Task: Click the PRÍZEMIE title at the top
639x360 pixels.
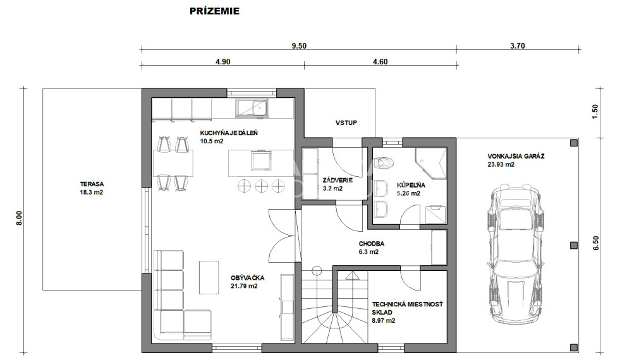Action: click(214, 11)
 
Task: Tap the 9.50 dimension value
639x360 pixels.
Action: click(299, 45)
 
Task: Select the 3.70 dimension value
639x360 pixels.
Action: click(518, 45)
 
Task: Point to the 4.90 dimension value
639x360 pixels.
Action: click(223, 61)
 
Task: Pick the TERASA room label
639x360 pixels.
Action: click(92, 184)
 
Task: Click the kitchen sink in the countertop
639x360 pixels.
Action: click(252, 108)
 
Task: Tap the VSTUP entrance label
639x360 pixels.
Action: click(346, 123)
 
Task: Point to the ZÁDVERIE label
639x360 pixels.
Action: click(338, 180)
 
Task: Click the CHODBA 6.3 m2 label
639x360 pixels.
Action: click(371, 248)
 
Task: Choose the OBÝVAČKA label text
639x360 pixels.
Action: click(247, 278)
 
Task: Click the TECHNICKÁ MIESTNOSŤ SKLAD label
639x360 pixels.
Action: click(407, 308)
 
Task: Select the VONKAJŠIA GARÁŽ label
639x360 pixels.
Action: click(516, 156)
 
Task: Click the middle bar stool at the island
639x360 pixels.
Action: click(260, 186)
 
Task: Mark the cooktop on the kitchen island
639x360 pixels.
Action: click(261, 160)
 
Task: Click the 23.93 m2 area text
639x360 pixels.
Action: click(501, 164)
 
